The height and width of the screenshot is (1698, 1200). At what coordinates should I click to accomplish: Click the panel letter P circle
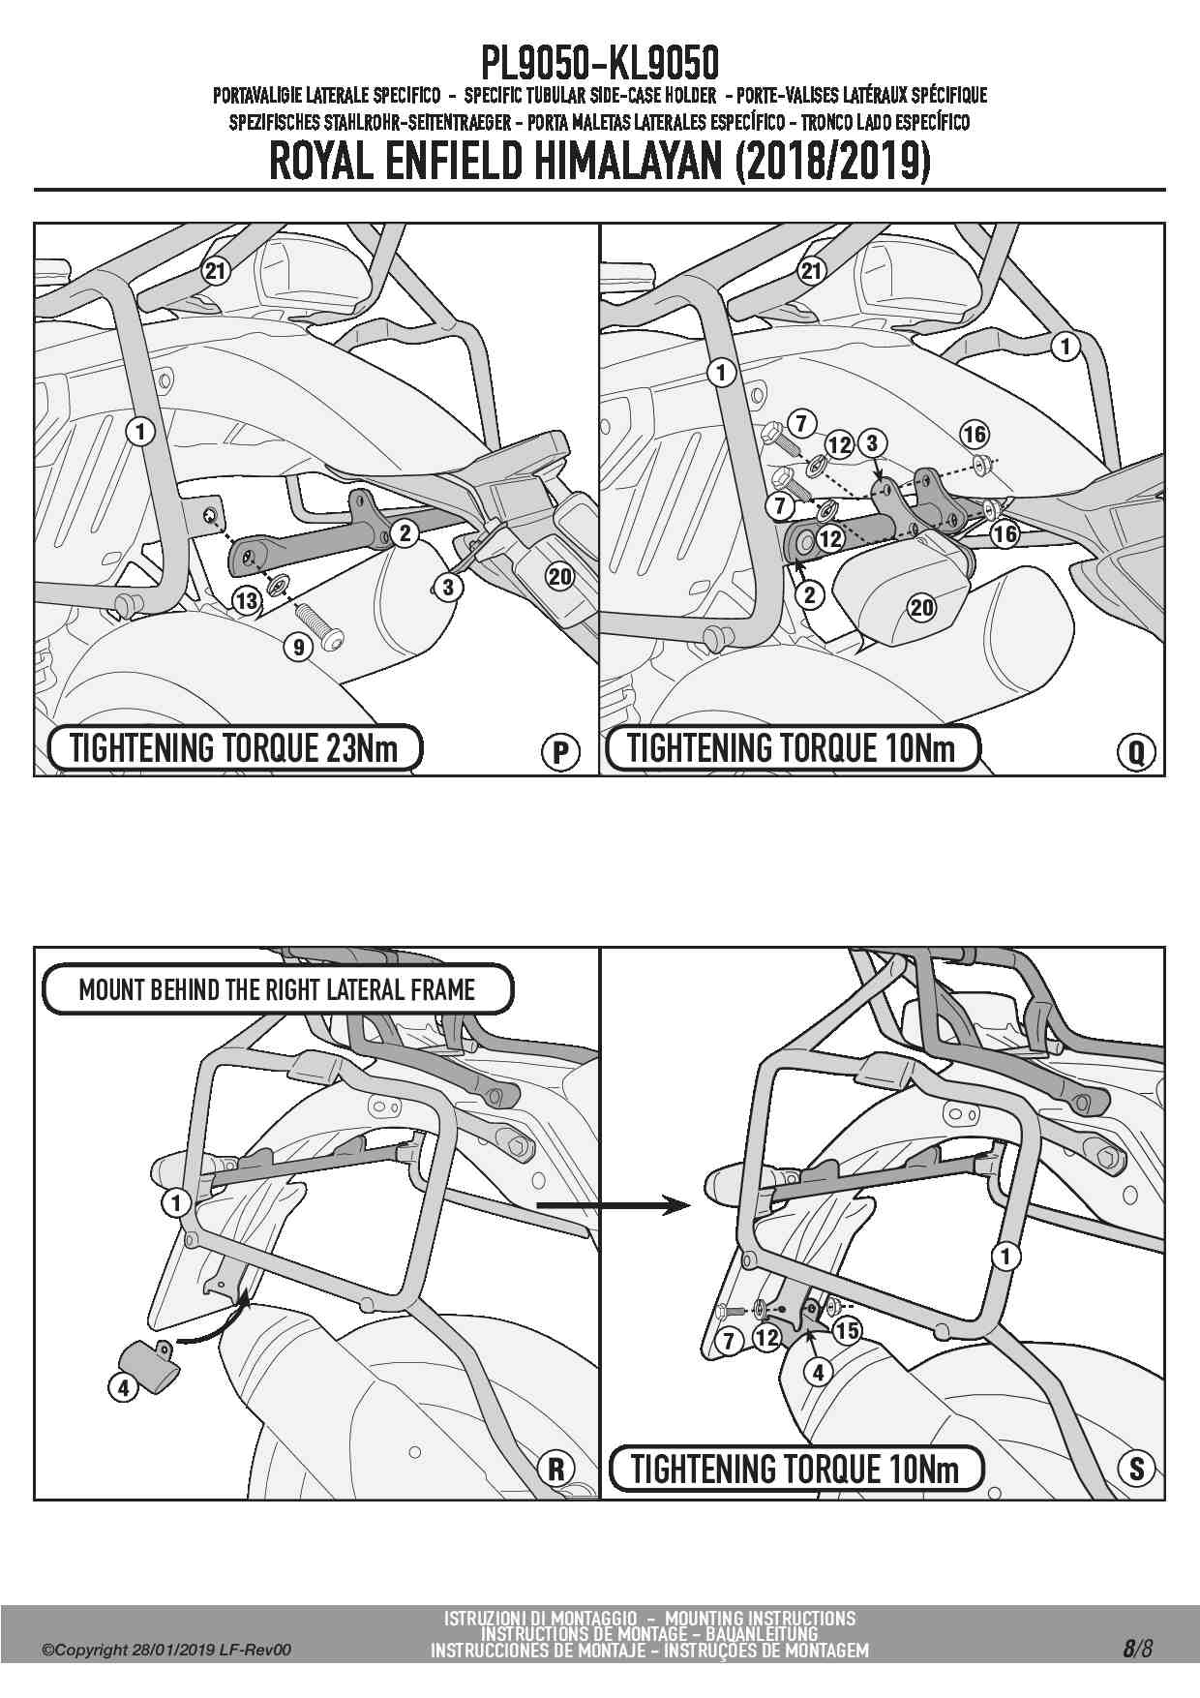coord(560,752)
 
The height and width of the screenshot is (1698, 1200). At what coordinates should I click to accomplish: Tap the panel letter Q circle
coord(1136,752)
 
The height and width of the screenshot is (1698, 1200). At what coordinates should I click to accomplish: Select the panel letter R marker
coord(556,1469)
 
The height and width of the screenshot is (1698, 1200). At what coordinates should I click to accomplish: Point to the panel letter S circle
coord(1136,1469)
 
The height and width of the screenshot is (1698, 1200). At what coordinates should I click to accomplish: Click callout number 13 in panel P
coord(247,601)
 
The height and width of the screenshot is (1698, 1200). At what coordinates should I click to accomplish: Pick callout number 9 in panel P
coord(299,646)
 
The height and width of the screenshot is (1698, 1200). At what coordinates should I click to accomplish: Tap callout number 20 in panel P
coord(560,577)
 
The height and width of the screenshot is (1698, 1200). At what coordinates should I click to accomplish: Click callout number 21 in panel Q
coord(811,270)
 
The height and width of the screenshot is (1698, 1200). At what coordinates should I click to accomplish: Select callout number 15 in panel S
coord(847,1330)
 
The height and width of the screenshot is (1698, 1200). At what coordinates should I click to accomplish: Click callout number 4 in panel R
coord(123,1387)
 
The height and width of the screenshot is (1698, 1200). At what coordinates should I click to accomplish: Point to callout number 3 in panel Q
coord(872,443)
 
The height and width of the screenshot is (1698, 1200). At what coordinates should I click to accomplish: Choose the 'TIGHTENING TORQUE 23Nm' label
coord(235,748)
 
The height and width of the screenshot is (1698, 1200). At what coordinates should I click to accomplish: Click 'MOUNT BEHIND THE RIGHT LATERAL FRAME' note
coord(278,989)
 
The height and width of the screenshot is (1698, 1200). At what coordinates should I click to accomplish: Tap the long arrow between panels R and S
coord(614,1205)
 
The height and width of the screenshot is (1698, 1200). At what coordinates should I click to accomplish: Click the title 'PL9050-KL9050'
coord(600,64)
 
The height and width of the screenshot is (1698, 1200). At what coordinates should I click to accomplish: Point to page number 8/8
coord(1138,1649)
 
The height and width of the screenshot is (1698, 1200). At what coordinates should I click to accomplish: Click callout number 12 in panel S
coord(766,1337)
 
